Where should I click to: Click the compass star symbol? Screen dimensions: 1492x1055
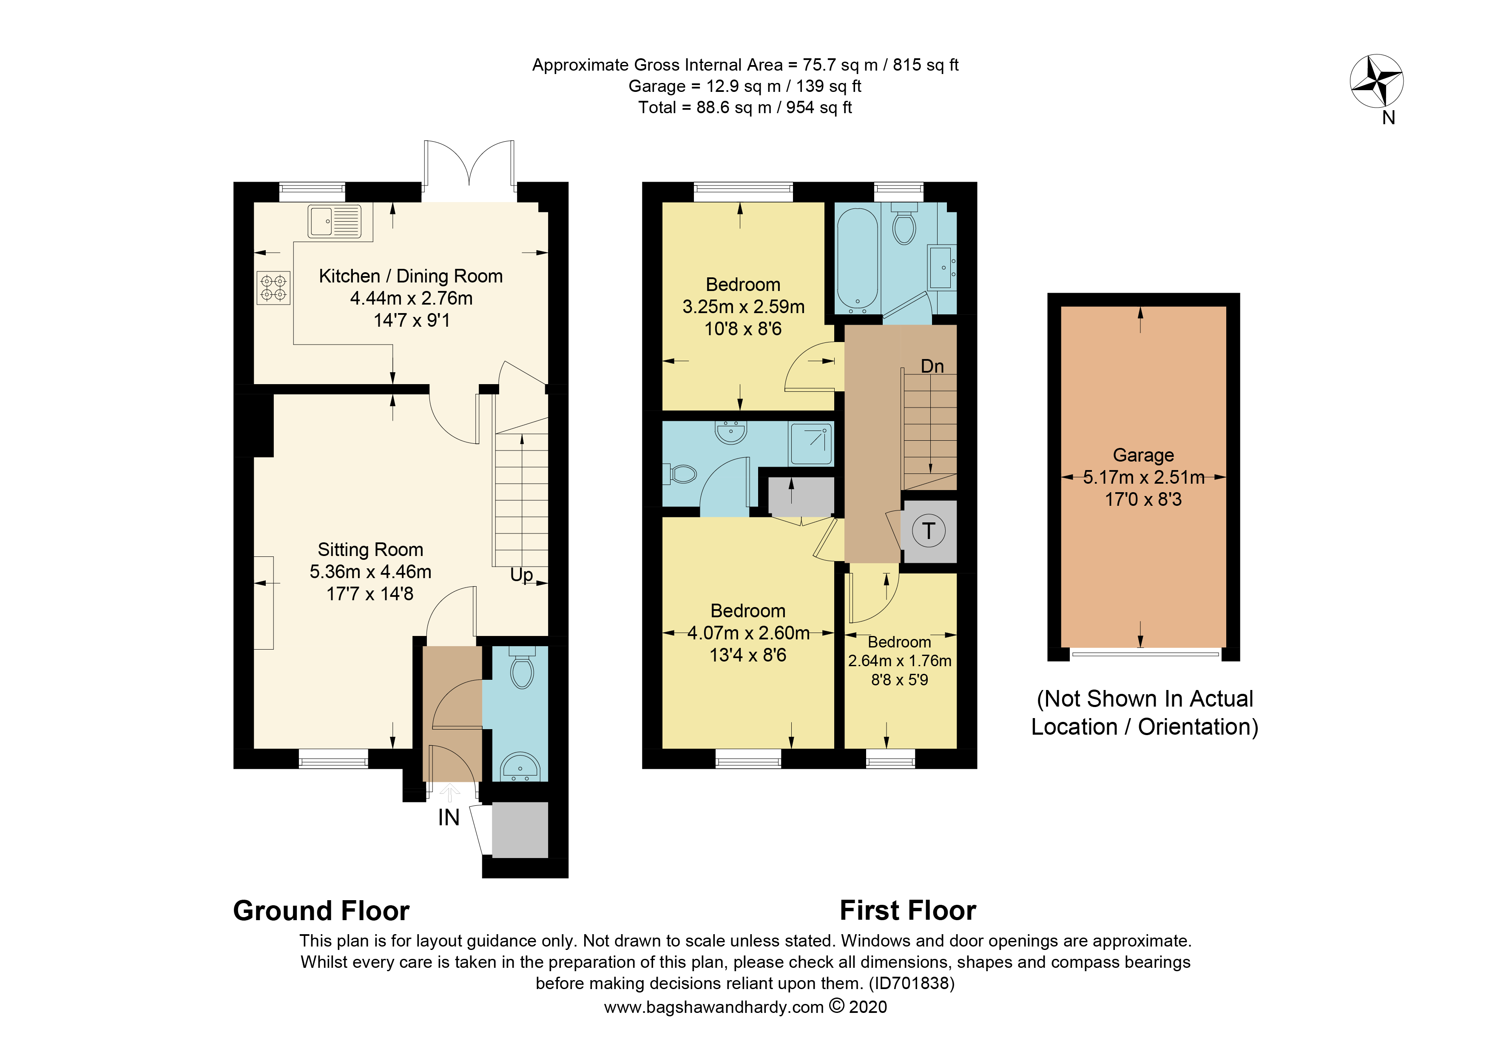tap(1376, 80)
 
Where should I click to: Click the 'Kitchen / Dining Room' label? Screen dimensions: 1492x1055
tap(411, 276)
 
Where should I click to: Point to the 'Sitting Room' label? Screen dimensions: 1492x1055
tap(370, 550)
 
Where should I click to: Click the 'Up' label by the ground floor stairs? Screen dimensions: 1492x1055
tap(521, 575)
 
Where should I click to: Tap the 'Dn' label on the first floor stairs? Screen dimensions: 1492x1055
tap(932, 366)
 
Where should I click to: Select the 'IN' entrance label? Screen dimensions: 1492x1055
tap(449, 818)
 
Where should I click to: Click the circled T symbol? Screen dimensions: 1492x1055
tap(929, 530)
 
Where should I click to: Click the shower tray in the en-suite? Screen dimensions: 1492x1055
tap(810, 443)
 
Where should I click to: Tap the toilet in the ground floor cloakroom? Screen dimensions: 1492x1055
tap(522, 667)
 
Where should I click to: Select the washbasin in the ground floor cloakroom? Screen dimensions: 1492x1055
tap(520, 767)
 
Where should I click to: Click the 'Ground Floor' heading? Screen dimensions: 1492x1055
tap(321, 911)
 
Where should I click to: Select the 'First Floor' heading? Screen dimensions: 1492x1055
tap(908, 911)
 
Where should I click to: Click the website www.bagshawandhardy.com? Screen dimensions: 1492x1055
tap(713, 1007)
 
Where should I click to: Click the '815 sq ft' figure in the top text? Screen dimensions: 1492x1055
tap(925, 65)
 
